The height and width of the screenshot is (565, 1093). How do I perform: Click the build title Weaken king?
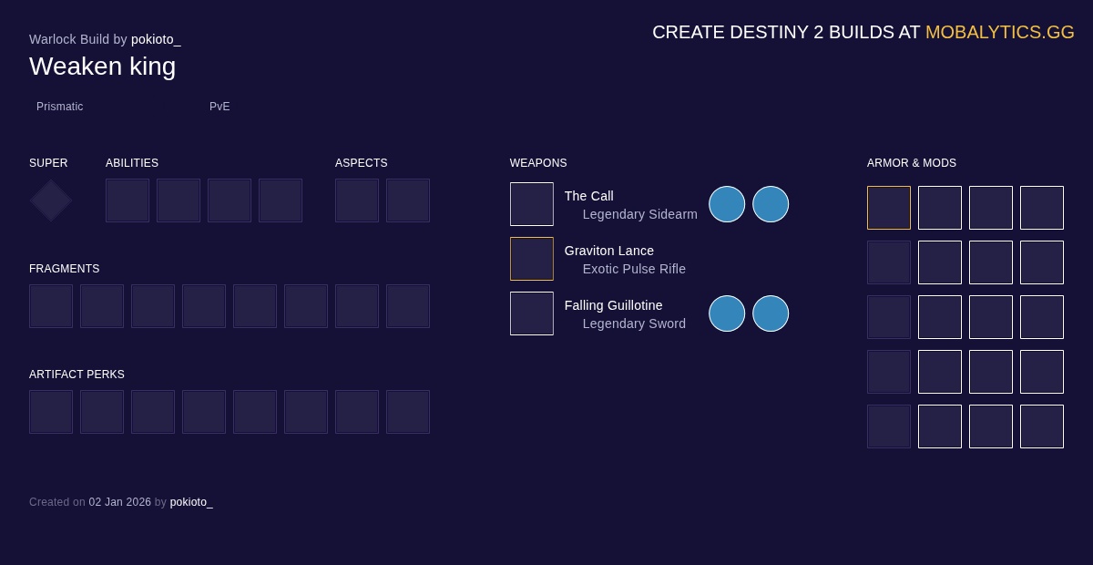pyautogui.click(x=102, y=67)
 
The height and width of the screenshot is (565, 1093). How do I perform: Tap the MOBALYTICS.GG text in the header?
pyautogui.click(x=1000, y=32)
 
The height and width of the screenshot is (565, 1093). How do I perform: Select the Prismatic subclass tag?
pyautogui.click(x=59, y=107)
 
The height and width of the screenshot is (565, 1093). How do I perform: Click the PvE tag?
pyautogui.click(x=220, y=107)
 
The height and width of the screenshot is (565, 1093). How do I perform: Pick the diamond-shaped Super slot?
pyautogui.click(x=51, y=200)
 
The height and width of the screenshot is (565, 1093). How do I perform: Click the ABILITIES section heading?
pyautogui.click(x=132, y=163)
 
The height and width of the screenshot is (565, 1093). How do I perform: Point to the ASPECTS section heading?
pyautogui.click(x=361, y=163)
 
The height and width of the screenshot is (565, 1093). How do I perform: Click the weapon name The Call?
pyautogui.click(x=589, y=196)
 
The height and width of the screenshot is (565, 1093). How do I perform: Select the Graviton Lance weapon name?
pyautogui.click(x=609, y=251)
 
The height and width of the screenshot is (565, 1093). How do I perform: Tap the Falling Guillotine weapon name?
pyautogui.click(x=613, y=305)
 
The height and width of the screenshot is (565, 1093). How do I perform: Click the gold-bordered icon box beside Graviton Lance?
pyautogui.click(x=532, y=259)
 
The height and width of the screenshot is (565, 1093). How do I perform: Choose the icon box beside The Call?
pyautogui.click(x=532, y=204)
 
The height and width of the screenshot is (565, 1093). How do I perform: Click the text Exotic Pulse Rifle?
pyautogui.click(x=634, y=269)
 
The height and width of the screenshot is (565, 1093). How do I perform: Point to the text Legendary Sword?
pyautogui.click(x=634, y=324)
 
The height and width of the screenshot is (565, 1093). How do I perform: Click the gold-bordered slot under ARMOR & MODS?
pyautogui.click(x=889, y=208)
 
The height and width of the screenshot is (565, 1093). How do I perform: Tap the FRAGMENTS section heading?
pyautogui.click(x=65, y=269)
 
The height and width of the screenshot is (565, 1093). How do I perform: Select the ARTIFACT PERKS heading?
pyautogui.click(x=77, y=374)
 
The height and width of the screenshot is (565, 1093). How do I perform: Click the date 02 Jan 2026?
pyautogui.click(x=120, y=502)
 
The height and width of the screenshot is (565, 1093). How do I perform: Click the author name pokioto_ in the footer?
pyautogui.click(x=191, y=502)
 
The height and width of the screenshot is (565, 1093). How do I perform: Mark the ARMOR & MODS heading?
pyautogui.click(x=912, y=163)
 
